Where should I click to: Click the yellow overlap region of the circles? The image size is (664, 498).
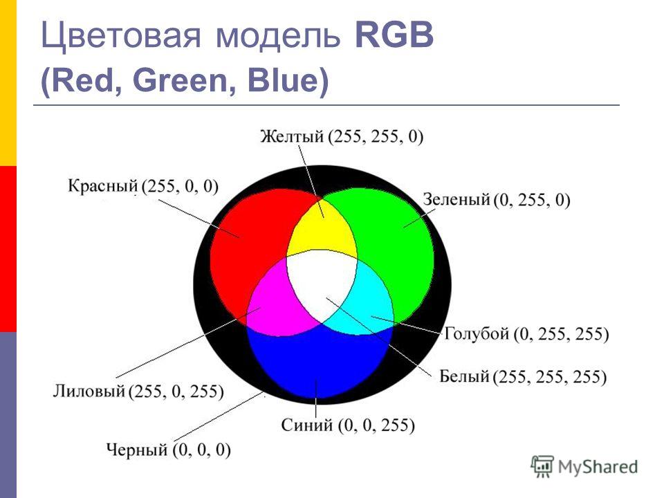[x=322, y=231]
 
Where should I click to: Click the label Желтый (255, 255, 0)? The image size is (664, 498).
[x=342, y=136]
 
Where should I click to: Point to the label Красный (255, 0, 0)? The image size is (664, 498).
[x=143, y=186]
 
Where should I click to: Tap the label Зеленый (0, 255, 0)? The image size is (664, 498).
[x=497, y=199]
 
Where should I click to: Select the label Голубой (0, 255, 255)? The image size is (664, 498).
[x=526, y=334]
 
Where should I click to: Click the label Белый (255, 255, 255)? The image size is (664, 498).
[x=523, y=376]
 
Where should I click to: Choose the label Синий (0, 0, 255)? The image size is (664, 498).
[x=348, y=425]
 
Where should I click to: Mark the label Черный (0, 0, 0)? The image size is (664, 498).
[x=168, y=450]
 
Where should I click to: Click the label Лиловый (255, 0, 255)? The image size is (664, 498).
[x=138, y=391]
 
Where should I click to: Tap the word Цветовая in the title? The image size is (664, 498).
[x=120, y=37]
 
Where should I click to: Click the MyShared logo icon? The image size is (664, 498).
[x=542, y=467]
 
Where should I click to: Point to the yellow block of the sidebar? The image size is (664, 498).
[x=8, y=83]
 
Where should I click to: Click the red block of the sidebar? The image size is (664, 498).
[x=8, y=249]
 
